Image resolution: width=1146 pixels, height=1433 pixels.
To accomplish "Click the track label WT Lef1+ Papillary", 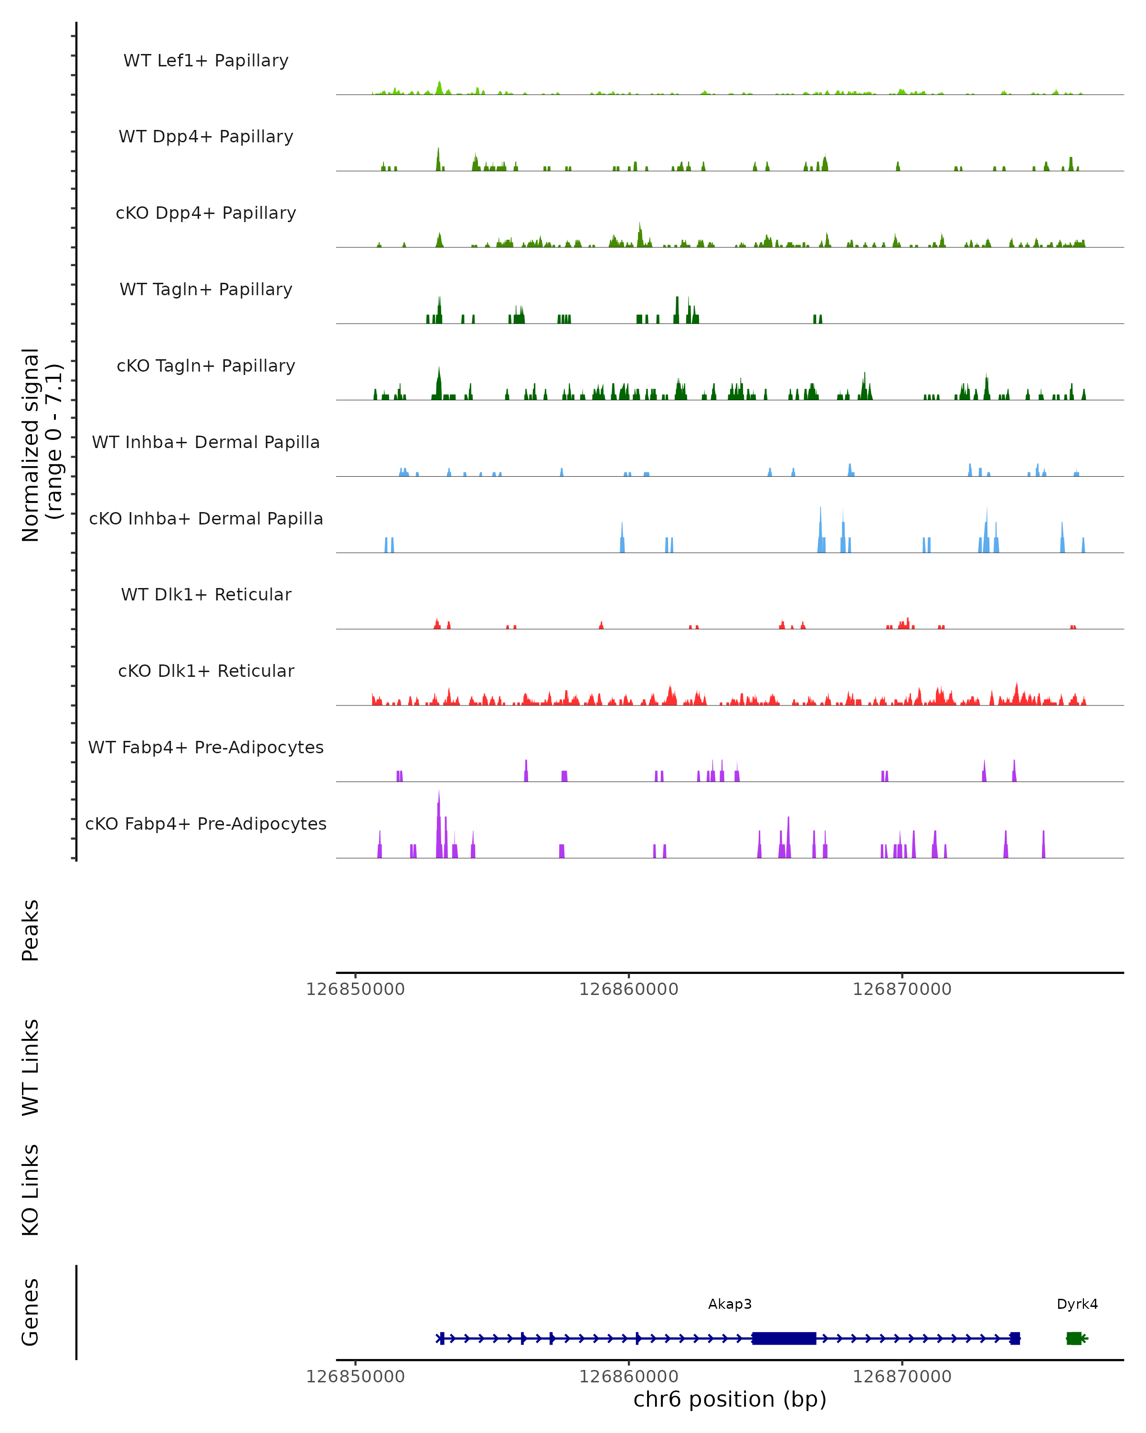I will click(206, 61).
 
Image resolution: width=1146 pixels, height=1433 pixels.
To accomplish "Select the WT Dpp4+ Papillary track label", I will click(206, 137).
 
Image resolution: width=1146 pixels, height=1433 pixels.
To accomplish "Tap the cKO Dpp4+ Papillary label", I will click(206, 214).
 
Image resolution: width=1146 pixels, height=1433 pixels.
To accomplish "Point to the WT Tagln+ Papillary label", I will click(206, 290).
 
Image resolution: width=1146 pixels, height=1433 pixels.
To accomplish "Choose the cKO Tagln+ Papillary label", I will click(206, 366).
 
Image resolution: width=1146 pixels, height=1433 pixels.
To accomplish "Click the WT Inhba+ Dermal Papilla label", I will click(206, 443).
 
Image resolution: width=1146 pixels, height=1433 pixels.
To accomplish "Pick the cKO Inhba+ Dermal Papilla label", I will click(206, 519).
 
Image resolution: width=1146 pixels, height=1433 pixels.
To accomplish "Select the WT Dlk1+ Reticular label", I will click(206, 595).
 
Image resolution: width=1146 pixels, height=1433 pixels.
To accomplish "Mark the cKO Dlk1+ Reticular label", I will click(206, 671).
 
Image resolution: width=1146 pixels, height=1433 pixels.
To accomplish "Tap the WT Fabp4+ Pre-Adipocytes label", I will click(206, 748).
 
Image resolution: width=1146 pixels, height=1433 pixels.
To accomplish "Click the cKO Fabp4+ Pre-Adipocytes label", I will click(206, 824).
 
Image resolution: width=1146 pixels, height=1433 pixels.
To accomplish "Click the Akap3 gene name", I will click(730, 1304).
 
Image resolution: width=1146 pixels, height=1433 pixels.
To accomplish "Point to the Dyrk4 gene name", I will click(1077, 1304).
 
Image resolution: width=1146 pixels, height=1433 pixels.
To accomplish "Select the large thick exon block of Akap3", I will click(784, 1338).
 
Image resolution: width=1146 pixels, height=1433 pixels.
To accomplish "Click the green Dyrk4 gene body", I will click(1073, 1338).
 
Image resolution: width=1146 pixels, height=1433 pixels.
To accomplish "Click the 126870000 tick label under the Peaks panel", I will click(902, 989).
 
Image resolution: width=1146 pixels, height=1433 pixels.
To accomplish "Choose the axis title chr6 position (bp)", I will click(730, 1399).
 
